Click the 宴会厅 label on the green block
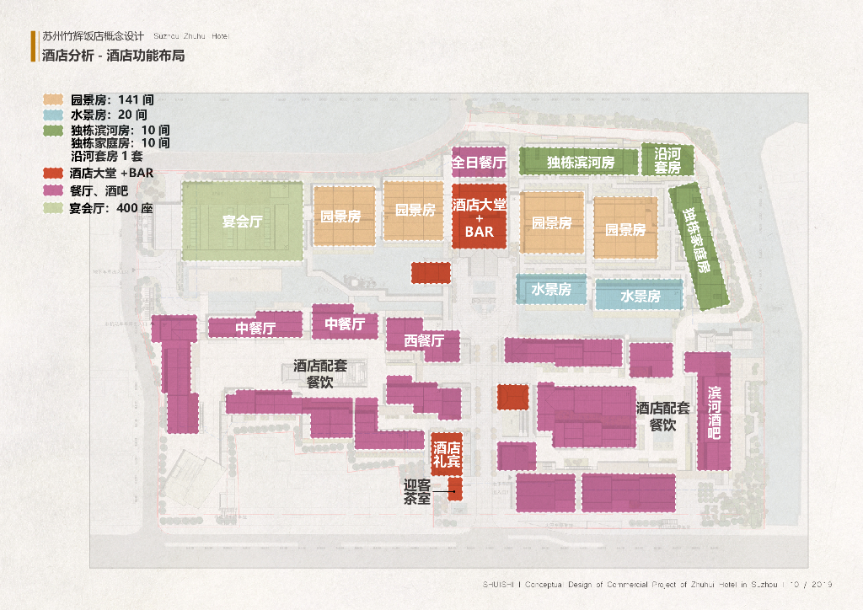coord(243,222)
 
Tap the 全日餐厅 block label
coord(479,162)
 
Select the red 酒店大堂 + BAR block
coord(479,217)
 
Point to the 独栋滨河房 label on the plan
coord(580,162)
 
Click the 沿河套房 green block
coord(667,160)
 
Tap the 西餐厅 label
coord(423,340)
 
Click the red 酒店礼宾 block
coord(447,455)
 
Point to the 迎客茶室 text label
coord(417,492)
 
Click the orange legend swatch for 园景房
coord(54,99)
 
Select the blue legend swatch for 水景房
coord(54,115)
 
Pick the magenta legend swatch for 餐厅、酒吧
coord(54,190)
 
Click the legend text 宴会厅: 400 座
coord(111,208)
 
